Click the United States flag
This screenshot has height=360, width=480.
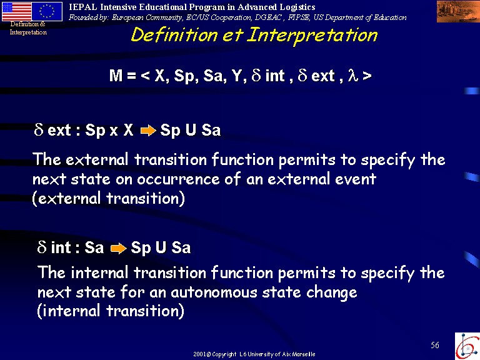point(16,11)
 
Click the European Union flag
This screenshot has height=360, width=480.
point(47,11)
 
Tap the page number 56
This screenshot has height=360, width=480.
point(435,345)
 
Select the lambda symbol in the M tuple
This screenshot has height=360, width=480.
point(352,75)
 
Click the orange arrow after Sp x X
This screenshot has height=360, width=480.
point(148,131)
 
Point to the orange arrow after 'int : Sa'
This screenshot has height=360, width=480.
point(119,248)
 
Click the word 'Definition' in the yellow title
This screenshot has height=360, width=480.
point(174,34)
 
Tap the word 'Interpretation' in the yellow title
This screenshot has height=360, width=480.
point(312,36)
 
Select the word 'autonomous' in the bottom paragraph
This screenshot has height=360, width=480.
point(214,292)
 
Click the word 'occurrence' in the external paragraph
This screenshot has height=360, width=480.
point(178,179)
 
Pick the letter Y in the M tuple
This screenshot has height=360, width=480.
point(237,75)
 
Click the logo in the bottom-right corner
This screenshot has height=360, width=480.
point(467,346)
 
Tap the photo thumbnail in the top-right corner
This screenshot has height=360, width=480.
point(458,12)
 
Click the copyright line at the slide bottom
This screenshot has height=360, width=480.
point(254,354)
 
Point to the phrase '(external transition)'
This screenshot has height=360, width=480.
point(108,198)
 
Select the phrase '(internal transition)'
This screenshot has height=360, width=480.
point(111,311)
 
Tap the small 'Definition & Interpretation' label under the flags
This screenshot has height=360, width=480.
point(28,28)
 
